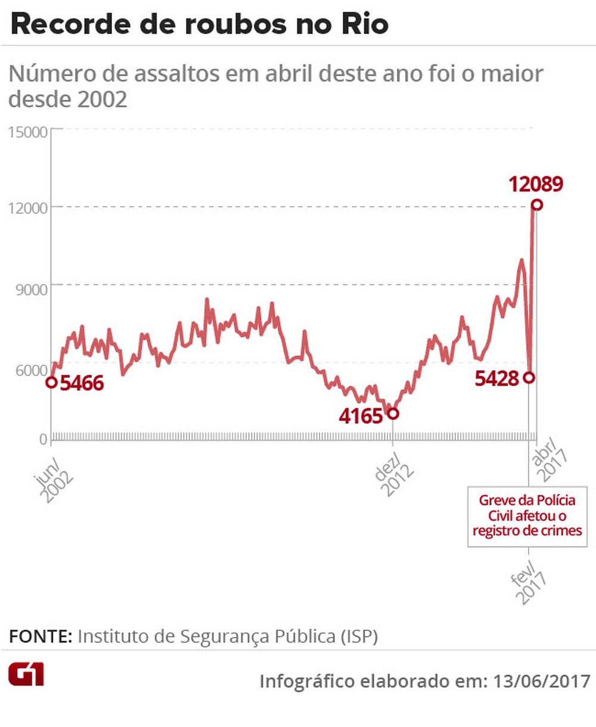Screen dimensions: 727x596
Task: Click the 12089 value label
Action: tap(535, 184)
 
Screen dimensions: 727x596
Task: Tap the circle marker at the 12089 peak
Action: tap(537, 205)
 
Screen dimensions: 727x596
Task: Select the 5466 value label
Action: tap(82, 383)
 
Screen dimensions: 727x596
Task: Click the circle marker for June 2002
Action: tap(52, 382)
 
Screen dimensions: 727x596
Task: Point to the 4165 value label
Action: tap(361, 416)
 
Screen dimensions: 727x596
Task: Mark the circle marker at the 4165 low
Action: tap(392, 414)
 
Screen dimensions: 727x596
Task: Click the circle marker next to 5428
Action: tap(529, 378)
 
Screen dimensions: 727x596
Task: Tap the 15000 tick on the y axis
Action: tap(27, 132)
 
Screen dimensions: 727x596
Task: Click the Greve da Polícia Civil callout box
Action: tap(527, 515)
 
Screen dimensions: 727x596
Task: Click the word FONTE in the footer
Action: tap(39, 636)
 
